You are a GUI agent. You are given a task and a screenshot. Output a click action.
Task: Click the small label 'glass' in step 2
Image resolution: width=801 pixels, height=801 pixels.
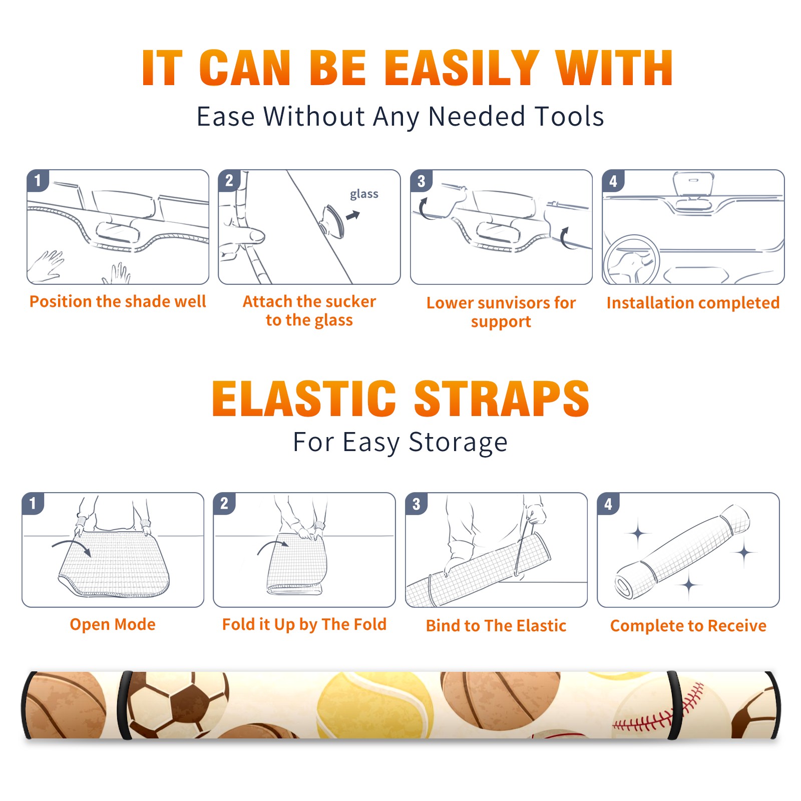(364, 194)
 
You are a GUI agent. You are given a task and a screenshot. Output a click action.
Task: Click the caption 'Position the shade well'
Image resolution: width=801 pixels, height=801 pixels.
(118, 301)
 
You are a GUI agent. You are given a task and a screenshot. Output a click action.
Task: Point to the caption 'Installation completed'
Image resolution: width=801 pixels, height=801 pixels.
(693, 302)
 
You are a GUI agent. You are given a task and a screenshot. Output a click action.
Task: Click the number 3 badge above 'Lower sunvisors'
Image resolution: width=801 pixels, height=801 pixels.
(421, 181)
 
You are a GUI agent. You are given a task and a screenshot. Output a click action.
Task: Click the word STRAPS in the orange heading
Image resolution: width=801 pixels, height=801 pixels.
(502, 398)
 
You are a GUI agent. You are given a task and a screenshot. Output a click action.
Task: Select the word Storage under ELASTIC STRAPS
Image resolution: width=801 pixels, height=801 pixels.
(458, 443)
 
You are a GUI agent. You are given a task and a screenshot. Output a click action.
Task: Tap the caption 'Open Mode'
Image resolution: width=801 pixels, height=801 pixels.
(113, 624)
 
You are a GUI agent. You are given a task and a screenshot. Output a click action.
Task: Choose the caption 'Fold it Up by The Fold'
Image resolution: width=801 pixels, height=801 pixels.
(304, 624)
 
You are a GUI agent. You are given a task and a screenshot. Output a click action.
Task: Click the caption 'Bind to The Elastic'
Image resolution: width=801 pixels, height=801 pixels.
(496, 626)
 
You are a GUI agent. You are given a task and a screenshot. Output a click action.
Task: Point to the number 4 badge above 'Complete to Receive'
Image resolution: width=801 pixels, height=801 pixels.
(608, 503)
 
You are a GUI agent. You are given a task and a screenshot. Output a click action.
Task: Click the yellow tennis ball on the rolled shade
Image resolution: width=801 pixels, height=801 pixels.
(375, 705)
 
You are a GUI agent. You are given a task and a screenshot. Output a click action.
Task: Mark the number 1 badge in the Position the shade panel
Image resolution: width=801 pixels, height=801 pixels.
(38, 180)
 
